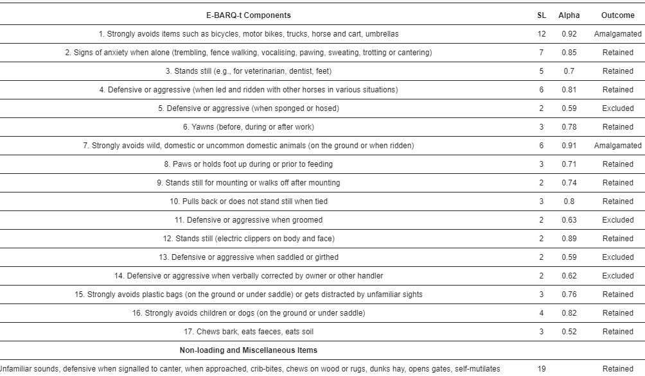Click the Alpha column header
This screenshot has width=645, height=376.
tap(569, 15)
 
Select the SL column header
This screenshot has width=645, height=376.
tap(542, 15)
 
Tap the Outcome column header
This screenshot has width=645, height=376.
tap(617, 15)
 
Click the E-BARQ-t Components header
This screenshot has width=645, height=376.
tap(248, 15)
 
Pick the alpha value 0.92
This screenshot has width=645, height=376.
tap(569, 34)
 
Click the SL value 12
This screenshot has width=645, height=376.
tap(542, 34)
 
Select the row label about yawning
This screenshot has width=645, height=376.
tap(248, 127)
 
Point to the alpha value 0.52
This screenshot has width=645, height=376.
tap(569, 332)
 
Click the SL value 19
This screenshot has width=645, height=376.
tap(542, 369)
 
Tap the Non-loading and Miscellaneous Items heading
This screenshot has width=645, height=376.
tap(248, 350)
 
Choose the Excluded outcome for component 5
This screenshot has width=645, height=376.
tap(617, 108)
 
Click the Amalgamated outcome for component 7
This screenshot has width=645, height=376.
tap(617, 146)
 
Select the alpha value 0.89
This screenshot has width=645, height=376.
tap(569, 239)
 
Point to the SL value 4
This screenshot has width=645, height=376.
tap(542, 313)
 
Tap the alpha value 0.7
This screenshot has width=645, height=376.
tap(569, 71)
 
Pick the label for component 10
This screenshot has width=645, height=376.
tap(248, 201)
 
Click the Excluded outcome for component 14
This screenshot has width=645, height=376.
tap(617, 276)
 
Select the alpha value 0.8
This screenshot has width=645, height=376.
tap(569, 201)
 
